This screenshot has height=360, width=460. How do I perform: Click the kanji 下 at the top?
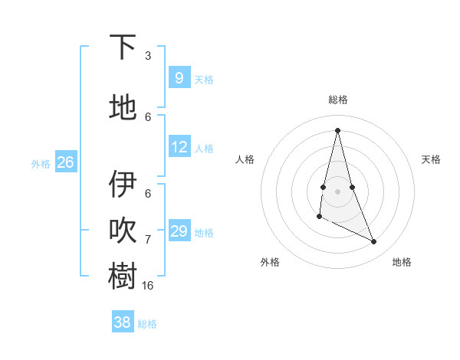click(123, 48)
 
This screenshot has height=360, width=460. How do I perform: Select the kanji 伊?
click(123, 185)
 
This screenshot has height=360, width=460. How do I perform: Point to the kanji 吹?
click(123, 231)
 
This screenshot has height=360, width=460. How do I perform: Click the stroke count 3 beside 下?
click(148, 56)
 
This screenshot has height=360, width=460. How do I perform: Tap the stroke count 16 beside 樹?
click(148, 285)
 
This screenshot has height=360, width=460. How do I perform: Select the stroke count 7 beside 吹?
click(148, 240)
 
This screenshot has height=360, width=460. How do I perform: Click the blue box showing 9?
click(179, 77)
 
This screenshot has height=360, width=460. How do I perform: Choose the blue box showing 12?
click(179, 146)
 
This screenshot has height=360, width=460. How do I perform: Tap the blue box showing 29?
click(179, 231)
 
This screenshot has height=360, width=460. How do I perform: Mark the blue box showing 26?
click(65, 162)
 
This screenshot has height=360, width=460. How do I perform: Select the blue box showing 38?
click(122, 322)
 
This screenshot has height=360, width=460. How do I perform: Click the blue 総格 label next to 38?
click(147, 324)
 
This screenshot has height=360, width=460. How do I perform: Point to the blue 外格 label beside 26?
click(41, 163)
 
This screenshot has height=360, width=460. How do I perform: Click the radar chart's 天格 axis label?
click(431, 159)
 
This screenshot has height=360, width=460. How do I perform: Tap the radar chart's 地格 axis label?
click(402, 262)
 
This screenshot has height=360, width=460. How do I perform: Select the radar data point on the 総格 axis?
click(337, 129)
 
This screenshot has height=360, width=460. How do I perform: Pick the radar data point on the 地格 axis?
click(374, 242)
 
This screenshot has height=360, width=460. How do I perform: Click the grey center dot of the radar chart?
click(337, 191)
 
